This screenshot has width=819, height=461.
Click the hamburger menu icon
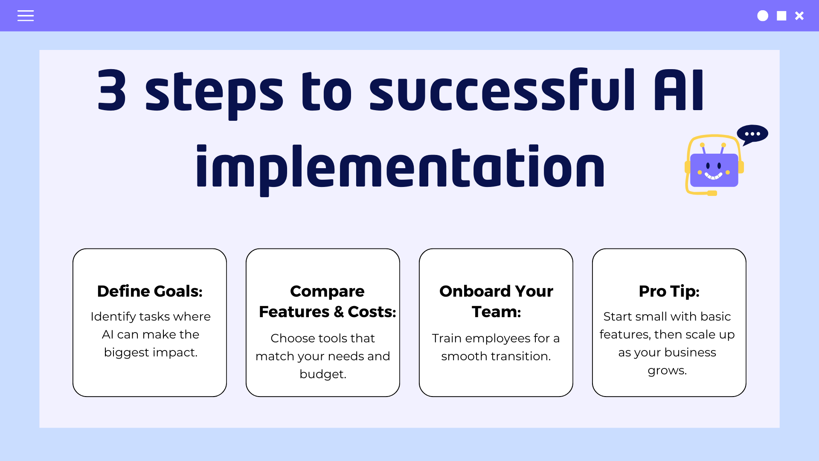pyautogui.click(x=26, y=16)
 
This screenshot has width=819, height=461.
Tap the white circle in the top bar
pyautogui.click(x=763, y=16)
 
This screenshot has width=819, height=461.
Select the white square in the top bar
pyautogui.click(x=781, y=16)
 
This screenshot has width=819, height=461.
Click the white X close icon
pyautogui.click(x=799, y=16)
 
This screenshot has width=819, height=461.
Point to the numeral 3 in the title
pyautogui.click(x=112, y=90)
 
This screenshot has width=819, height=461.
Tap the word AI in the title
pyautogui.click(x=679, y=90)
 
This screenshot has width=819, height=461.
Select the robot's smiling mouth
pyautogui.click(x=713, y=175)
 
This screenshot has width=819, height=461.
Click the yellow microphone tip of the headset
pyautogui.click(x=712, y=193)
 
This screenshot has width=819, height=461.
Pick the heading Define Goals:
pyautogui.click(x=150, y=291)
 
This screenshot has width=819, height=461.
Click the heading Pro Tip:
pyautogui.click(x=669, y=291)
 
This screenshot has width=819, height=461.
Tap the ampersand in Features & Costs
pyautogui.click(x=339, y=312)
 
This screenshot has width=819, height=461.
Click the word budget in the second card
pyautogui.click(x=321, y=374)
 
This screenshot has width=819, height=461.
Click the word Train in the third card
pyautogui.click(x=447, y=338)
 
